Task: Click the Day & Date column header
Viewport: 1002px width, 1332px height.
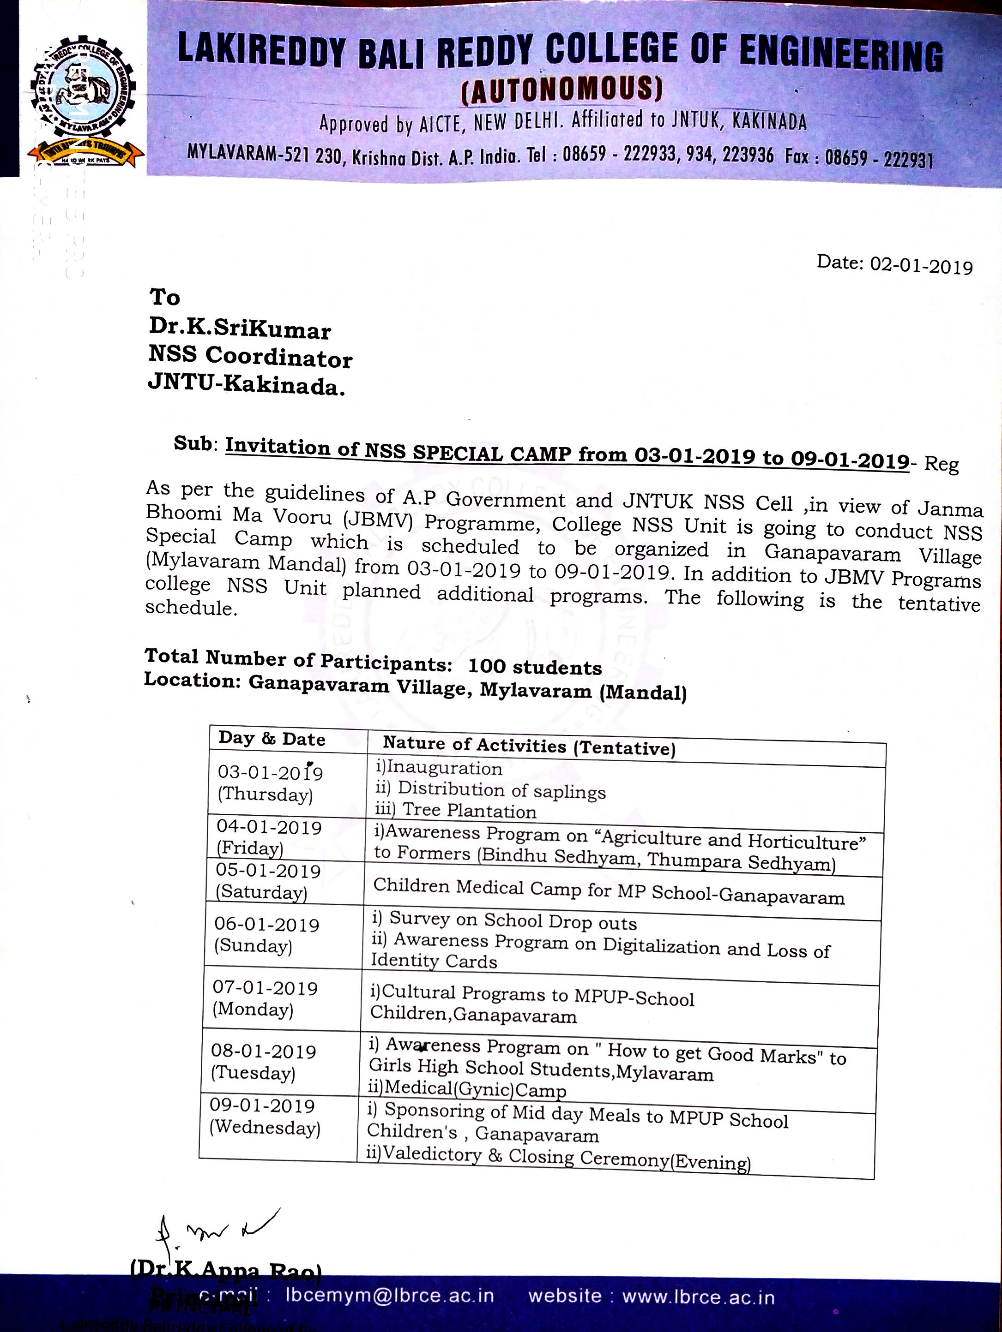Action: (272, 739)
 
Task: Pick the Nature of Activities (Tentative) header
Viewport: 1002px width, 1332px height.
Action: (529, 746)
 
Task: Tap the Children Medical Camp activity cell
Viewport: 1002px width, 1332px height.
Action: (609, 891)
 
